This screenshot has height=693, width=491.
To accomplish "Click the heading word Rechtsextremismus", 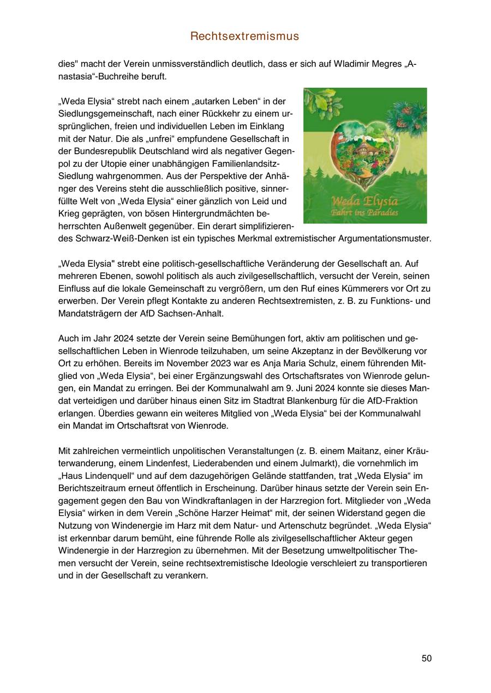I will [245, 37].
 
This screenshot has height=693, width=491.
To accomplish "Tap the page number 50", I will [426, 658].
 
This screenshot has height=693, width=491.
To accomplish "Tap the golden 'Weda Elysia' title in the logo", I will [364, 200].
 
